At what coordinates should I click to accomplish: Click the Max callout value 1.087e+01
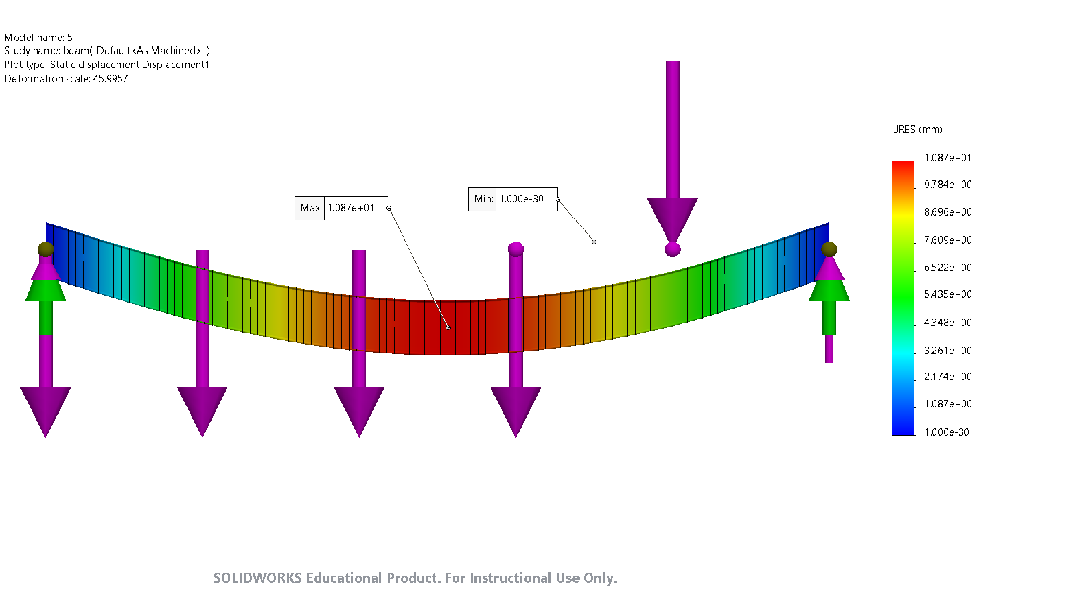point(351,208)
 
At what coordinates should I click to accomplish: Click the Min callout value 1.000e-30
point(521,199)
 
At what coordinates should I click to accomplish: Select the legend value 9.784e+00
point(948,185)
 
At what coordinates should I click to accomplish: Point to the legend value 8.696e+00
point(948,212)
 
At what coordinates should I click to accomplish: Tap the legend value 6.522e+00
point(948,268)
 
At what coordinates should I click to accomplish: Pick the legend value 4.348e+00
point(948,323)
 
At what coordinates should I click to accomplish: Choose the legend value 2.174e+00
point(948,377)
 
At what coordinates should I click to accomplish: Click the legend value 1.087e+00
point(948,404)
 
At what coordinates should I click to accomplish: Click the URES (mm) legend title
point(917,130)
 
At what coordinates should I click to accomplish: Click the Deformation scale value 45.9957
point(110,79)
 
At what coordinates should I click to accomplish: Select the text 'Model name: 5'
point(38,38)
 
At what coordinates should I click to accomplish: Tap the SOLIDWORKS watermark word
point(257,578)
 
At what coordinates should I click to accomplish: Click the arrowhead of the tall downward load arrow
point(673,220)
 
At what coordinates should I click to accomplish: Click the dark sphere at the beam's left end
point(46,249)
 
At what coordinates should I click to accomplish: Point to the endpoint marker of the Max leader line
point(448,328)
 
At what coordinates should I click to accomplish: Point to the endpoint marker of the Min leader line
point(594,242)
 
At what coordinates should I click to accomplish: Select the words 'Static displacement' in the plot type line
point(95,65)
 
